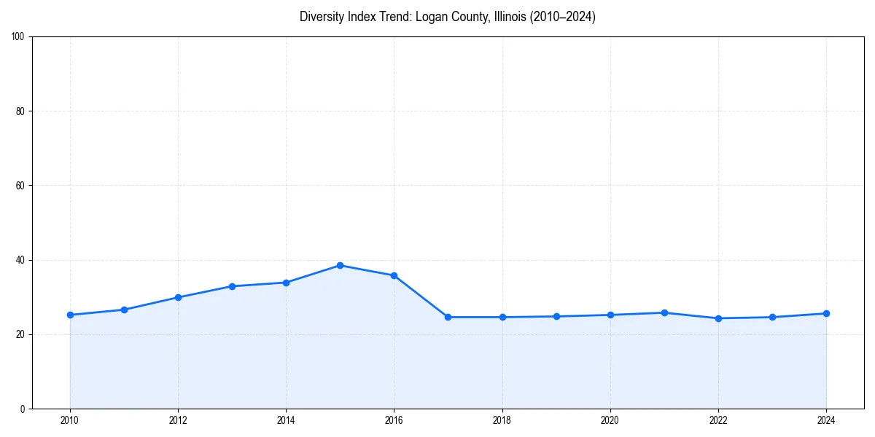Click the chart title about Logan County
pyautogui.click(x=447, y=17)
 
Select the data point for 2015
pyautogui.click(x=340, y=265)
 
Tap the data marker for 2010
pyautogui.click(x=70, y=315)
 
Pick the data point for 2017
pyautogui.click(x=448, y=317)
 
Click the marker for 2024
pyautogui.click(x=826, y=313)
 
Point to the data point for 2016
pyautogui.click(x=394, y=275)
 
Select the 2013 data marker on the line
pyautogui.click(x=232, y=286)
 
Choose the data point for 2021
pyautogui.click(x=664, y=312)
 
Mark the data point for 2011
pyautogui.click(x=124, y=310)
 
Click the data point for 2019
pyautogui.click(x=556, y=316)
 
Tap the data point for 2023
pyautogui.click(x=772, y=317)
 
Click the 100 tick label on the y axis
pyautogui.click(x=19, y=36)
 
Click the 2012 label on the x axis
pyautogui.click(x=178, y=420)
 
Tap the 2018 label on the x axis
pyautogui.click(x=502, y=420)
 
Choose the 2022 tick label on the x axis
pyautogui.click(x=718, y=420)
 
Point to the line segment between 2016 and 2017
pyautogui.click(x=421, y=296)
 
